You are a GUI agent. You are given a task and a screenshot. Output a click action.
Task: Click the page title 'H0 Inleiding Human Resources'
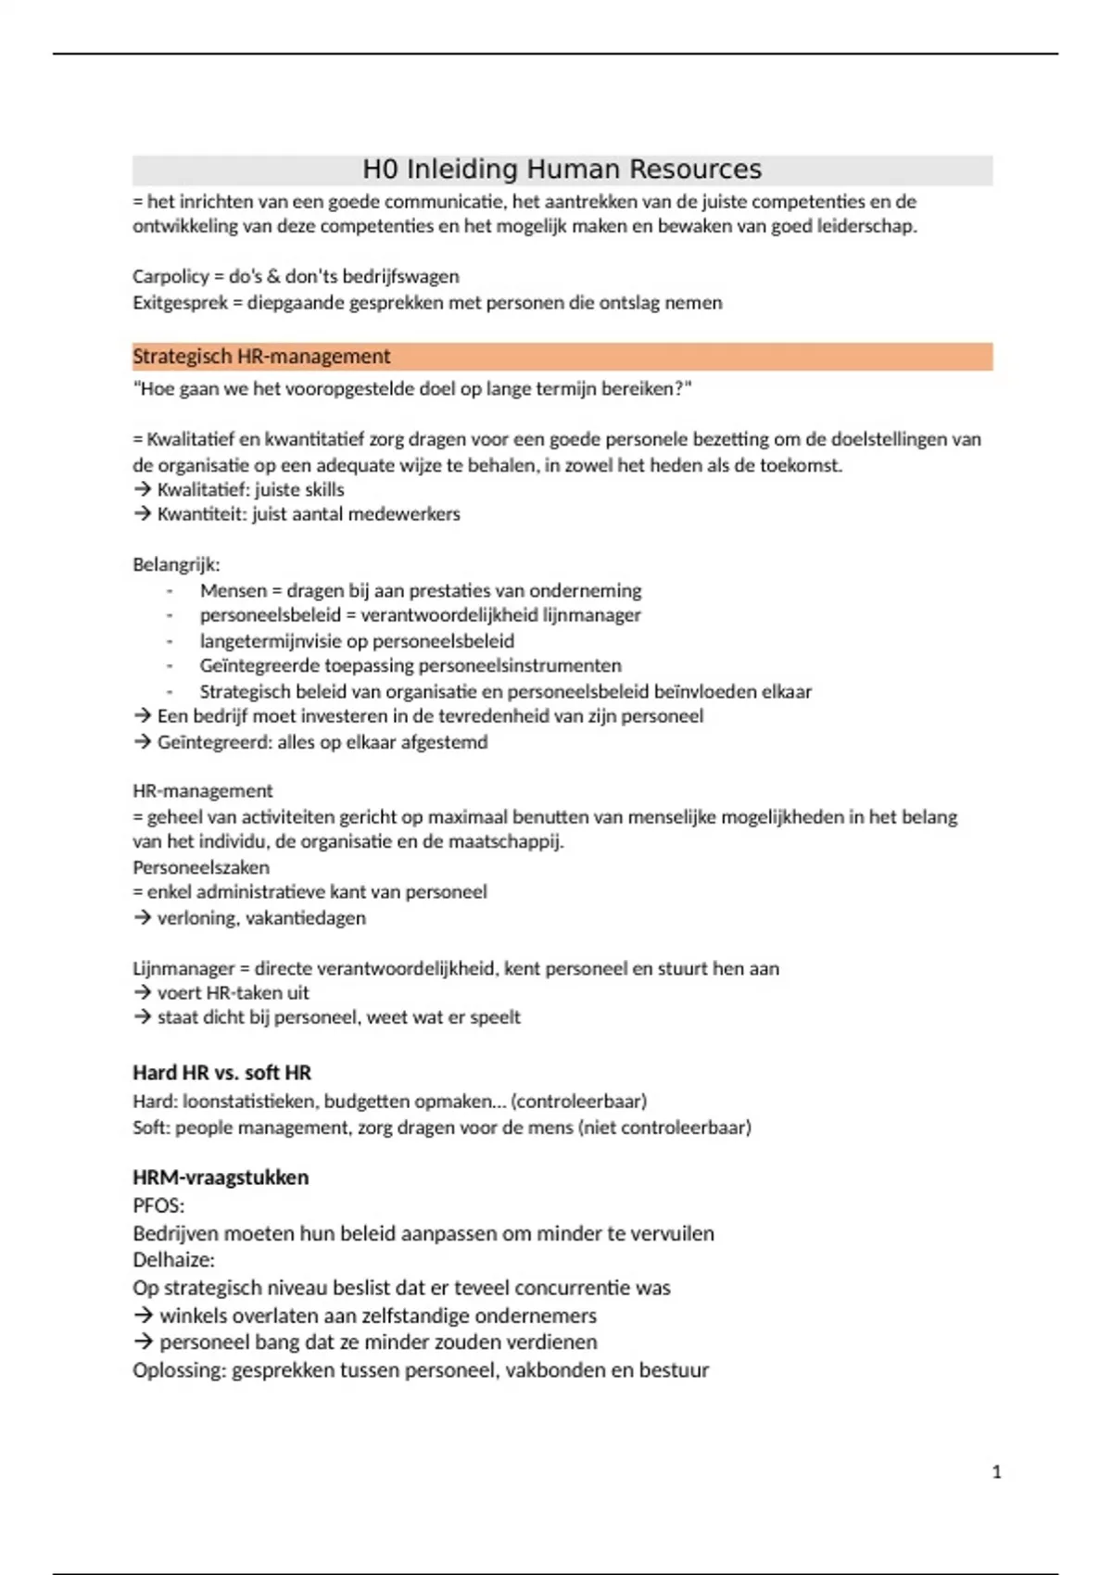pyautogui.click(x=562, y=170)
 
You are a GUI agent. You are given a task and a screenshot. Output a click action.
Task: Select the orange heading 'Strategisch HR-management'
pyautogui.click(x=261, y=357)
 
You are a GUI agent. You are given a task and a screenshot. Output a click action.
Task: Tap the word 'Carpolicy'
pyautogui.click(x=171, y=277)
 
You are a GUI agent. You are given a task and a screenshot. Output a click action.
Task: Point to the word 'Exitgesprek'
pyautogui.click(x=180, y=303)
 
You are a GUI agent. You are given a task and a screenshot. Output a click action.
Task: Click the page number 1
pyautogui.click(x=997, y=1472)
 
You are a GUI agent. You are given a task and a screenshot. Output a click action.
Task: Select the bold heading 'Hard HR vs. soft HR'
pyautogui.click(x=221, y=1073)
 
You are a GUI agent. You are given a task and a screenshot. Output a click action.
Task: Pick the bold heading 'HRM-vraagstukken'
pyautogui.click(x=221, y=1178)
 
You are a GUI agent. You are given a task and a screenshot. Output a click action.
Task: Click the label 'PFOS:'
pyautogui.click(x=158, y=1206)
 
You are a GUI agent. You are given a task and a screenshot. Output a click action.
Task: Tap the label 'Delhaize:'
pyautogui.click(x=173, y=1260)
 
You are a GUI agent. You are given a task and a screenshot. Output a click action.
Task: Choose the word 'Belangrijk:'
pyautogui.click(x=176, y=565)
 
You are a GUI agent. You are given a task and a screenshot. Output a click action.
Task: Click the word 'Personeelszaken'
pyautogui.click(x=201, y=868)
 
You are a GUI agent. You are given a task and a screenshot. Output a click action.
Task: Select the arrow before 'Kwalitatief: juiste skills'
pyautogui.click(x=142, y=490)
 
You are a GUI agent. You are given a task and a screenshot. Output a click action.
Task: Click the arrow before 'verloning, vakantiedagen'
pyautogui.click(x=142, y=918)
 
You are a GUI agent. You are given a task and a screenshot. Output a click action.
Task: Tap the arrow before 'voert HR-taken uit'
pyautogui.click(x=142, y=993)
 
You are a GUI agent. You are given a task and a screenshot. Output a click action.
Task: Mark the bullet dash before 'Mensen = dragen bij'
pyautogui.click(x=171, y=591)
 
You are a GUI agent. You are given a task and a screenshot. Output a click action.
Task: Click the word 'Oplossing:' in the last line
pyautogui.click(x=179, y=1370)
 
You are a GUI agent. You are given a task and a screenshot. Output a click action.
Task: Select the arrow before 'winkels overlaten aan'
pyautogui.click(x=143, y=1316)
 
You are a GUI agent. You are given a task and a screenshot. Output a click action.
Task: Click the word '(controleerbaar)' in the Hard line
pyautogui.click(x=578, y=1102)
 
